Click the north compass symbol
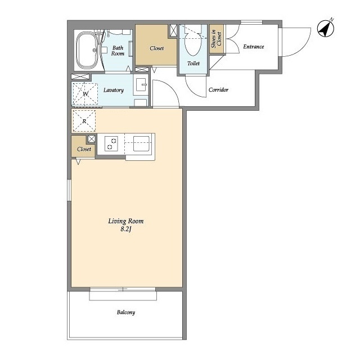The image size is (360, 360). pyautogui.click(x=325, y=29)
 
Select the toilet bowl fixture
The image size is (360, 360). pyautogui.click(x=193, y=43)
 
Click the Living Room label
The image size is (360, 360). pyautogui.click(x=126, y=221)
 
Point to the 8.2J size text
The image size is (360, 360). pyautogui.click(x=126, y=229)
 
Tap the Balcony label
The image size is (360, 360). pyautogui.click(x=126, y=312)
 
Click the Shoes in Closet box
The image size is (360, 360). pyautogui.click(x=217, y=39)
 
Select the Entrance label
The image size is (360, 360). pyautogui.click(x=254, y=47)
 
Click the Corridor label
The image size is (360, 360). pyautogui.click(x=218, y=90)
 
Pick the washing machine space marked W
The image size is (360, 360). pyautogui.click(x=85, y=94)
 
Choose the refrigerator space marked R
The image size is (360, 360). pyautogui.click(x=84, y=121)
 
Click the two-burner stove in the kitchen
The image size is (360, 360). pyautogui.click(x=111, y=144)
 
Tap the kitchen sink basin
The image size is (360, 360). pyautogui.click(x=141, y=144)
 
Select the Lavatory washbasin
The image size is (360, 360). pyautogui.click(x=141, y=84)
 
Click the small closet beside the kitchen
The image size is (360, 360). pyautogui.click(x=83, y=146)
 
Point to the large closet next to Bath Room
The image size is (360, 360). pyautogui.click(x=156, y=45)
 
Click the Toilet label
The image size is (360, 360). pyautogui.click(x=193, y=64)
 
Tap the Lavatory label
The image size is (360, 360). pyautogui.click(x=114, y=90)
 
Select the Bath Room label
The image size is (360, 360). pyautogui.click(x=118, y=51)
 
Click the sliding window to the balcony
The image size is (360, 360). pyautogui.click(x=123, y=289)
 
